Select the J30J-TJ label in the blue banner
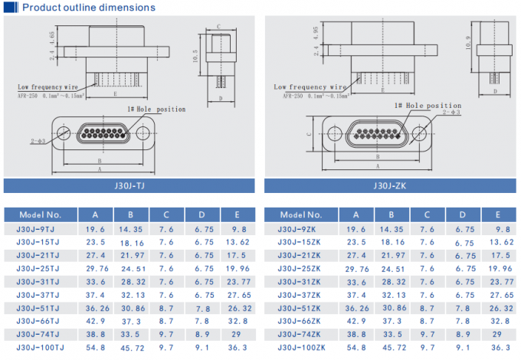129,185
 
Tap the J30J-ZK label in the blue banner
388,185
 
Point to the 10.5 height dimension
196,57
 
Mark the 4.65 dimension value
52,36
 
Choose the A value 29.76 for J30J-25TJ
95,269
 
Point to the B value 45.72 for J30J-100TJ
131,348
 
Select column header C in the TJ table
166,214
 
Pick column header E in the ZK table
498,214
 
